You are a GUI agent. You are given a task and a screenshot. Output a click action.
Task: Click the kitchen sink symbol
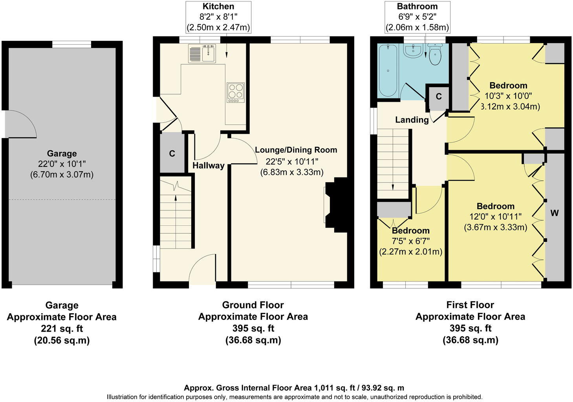click(x=202, y=53)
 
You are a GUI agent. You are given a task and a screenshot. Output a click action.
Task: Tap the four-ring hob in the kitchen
click(x=235, y=93)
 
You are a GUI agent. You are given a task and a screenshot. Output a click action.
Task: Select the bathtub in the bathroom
click(x=388, y=70)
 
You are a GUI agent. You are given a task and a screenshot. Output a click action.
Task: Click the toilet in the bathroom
click(x=435, y=55)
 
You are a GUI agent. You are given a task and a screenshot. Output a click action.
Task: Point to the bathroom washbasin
click(x=413, y=51)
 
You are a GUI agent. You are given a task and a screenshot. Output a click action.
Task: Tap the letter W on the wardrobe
click(x=554, y=213)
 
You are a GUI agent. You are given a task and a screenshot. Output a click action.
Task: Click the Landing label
click(x=412, y=120)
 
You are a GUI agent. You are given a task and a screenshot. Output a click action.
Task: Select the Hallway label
click(x=208, y=166)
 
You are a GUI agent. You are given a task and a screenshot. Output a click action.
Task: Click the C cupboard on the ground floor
click(x=172, y=153)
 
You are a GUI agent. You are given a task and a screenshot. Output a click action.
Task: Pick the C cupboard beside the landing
click(x=439, y=97)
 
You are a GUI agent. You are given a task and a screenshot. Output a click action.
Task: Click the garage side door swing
click(x=20, y=124)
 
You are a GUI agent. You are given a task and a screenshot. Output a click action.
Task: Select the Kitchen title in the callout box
click(x=218, y=6)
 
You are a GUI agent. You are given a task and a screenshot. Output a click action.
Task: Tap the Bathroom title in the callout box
click(x=417, y=6)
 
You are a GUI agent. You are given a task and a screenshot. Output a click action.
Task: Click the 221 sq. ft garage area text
click(x=62, y=329)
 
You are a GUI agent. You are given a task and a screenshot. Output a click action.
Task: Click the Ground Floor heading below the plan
click(x=253, y=305)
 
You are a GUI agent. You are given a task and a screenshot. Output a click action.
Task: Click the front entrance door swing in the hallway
click(x=202, y=269)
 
